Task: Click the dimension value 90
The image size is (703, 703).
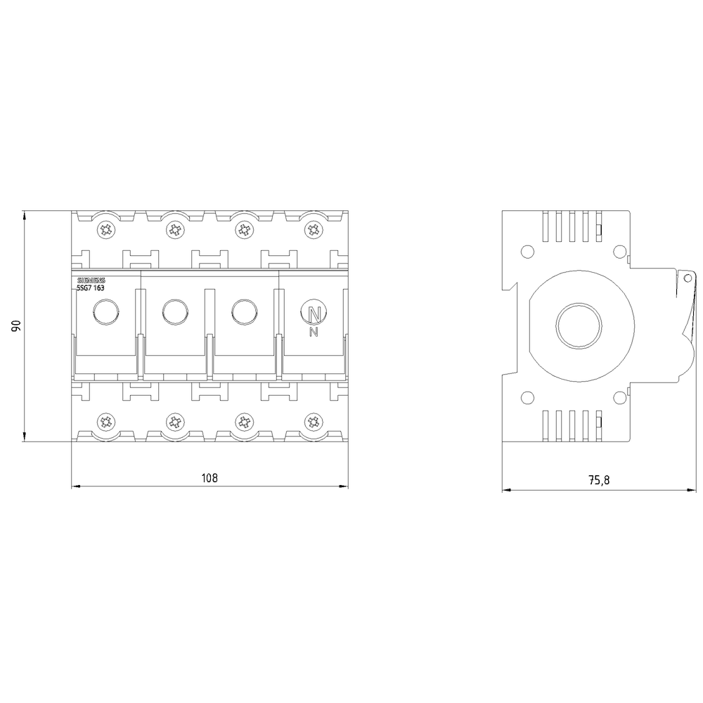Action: pos(16,325)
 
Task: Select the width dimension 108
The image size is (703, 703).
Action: pos(209,478)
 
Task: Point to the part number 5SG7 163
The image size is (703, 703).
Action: pos(91,288)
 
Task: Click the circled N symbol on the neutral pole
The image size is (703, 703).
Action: pos(313,312)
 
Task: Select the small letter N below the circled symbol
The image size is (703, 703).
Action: pos(314,332)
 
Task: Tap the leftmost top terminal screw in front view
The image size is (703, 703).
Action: pos(106,229)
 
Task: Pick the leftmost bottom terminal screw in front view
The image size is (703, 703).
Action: pos(106,422)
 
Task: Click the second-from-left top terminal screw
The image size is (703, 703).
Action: pos(174,229)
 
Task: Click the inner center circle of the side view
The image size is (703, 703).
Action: pos(579,326)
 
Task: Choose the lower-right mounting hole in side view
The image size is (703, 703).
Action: pos(619,399)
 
